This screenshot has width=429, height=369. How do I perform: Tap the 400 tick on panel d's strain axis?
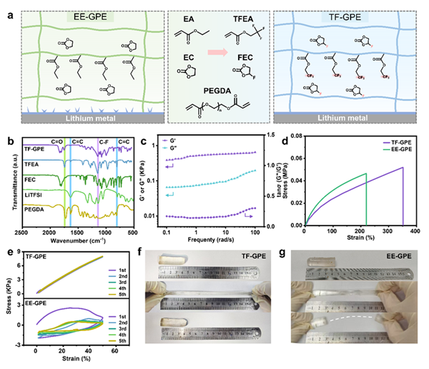click(x=413, y=233)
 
